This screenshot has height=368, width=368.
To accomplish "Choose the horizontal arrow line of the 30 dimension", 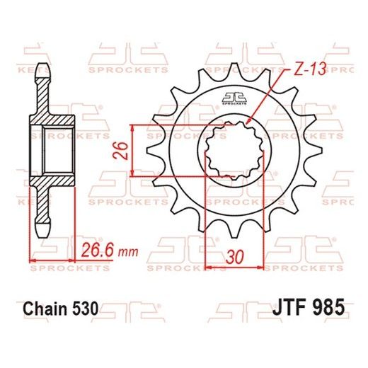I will tap(234, 268).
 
